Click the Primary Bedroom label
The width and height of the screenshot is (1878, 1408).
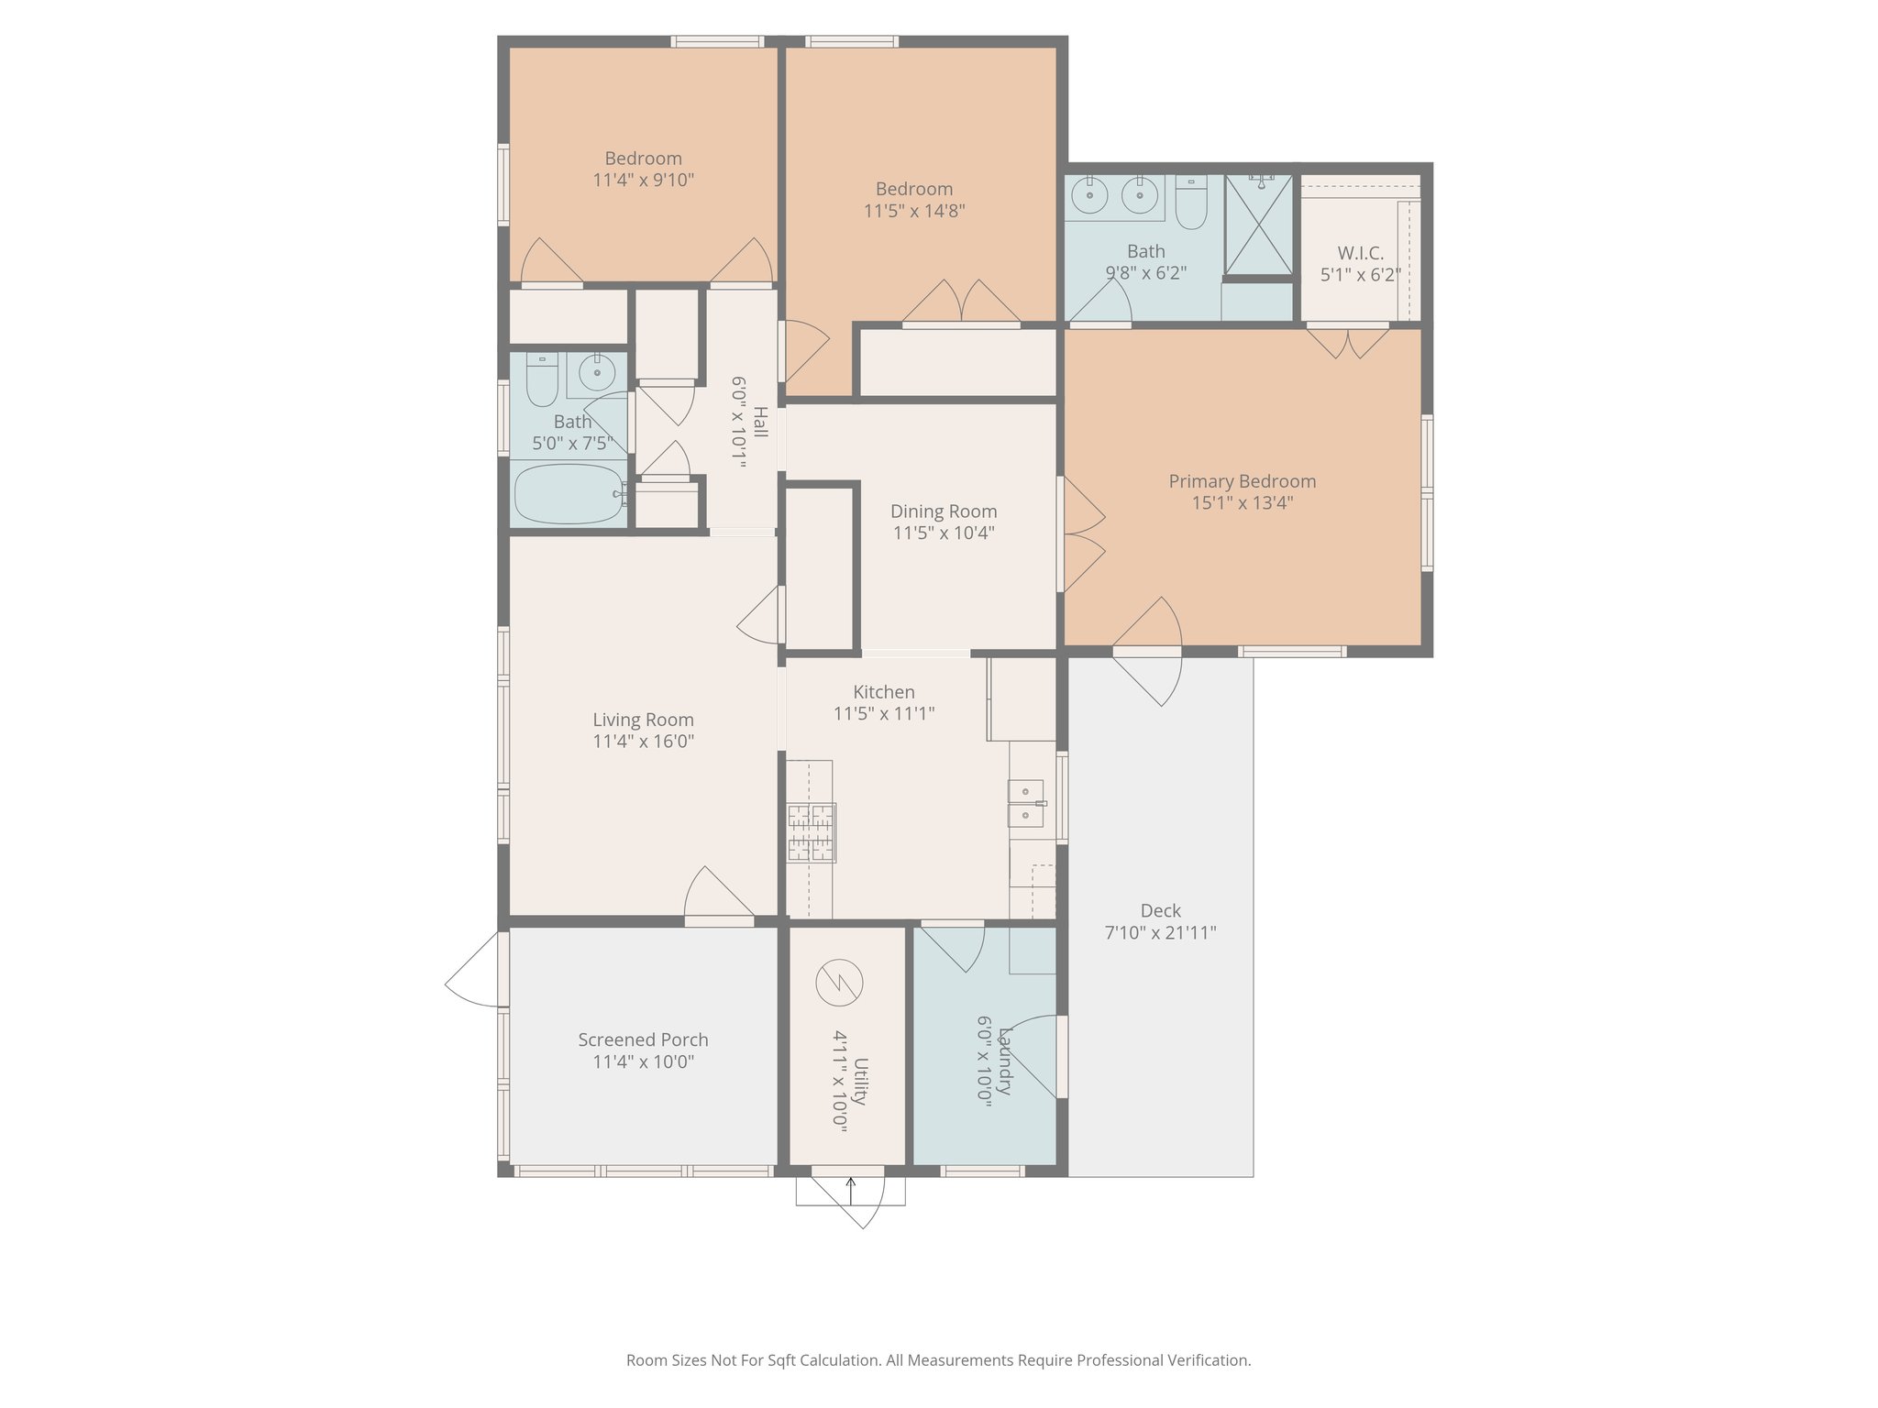(1242, 481)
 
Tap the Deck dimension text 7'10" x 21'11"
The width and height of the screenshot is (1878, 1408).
(1160, 932)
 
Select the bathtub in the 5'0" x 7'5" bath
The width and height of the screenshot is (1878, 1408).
(569, 494)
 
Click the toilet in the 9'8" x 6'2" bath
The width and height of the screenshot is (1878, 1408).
(1191, 203)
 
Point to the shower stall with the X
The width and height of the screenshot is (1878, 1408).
(1259, 225)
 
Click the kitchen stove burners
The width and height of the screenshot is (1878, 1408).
(811, 832)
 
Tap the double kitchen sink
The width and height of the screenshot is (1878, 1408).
(1025, 803)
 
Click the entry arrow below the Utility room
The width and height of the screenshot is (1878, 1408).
(850, 1191)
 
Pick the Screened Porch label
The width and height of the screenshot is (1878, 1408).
(643, 1039)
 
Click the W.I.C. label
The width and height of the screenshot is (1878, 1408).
(1360, 253)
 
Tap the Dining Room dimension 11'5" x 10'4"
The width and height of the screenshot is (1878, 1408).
(944, 533)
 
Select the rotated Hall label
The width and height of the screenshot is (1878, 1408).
(760, 423)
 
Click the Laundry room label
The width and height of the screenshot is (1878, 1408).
(1005, 1061)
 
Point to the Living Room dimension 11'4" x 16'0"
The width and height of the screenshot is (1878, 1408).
(643, 741)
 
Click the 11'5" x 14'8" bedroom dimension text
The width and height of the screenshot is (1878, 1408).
(913, 211)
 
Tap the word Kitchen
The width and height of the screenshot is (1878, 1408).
(883, 692)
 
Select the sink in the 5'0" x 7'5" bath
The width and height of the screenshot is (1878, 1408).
(597, 372)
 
